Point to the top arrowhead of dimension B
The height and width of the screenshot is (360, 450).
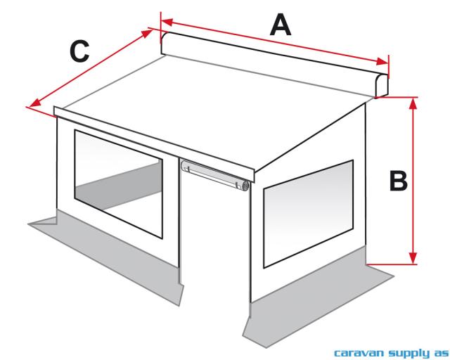(x=413, y=103)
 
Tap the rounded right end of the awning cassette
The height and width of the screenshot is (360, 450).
(x=382, y=84)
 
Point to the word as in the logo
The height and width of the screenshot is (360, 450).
(x=439, y=351)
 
